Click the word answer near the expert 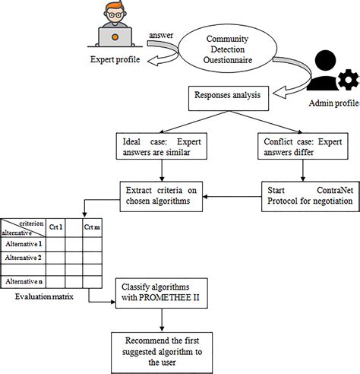(163, 36)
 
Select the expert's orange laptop (115, 36)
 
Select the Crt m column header (93, 227)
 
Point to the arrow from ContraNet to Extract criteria (235, 195)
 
